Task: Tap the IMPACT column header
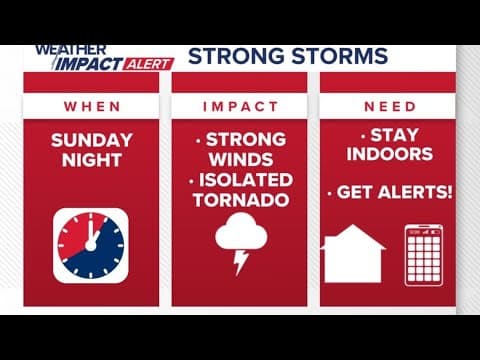(x=239, y=106)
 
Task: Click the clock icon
(x=91, y=245)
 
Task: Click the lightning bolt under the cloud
(x=241, y=261)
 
